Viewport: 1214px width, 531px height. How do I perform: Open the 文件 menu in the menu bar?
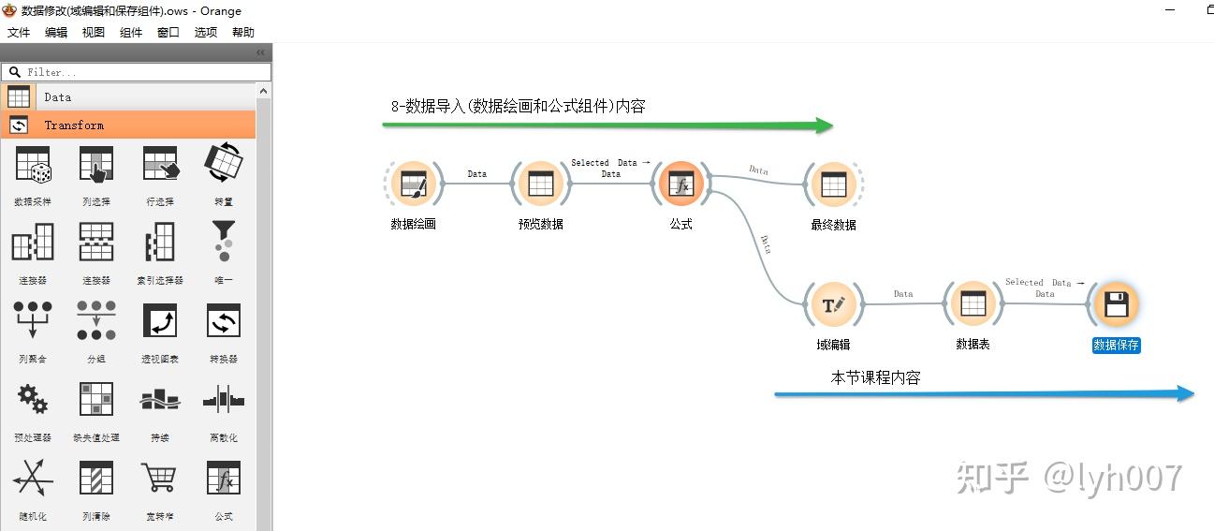[x=19, y=32]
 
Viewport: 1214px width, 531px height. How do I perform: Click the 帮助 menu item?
[x=242, y=32]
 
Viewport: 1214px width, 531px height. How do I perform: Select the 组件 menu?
[x=131, y=32]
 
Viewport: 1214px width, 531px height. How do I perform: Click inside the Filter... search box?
[x=140, y=72]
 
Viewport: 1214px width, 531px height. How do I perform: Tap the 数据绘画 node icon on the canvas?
[x=413, y=184]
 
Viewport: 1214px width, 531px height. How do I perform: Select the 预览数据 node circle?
[x=540, y=184]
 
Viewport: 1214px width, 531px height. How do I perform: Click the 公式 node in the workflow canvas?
[x=680, y=184]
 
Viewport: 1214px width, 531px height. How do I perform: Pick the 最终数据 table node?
[x=833, y=184]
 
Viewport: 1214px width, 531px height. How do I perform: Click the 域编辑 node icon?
[x=833, y=304]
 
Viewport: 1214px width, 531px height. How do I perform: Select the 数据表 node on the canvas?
[x=973, y=304]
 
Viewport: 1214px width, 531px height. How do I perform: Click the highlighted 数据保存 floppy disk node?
[x=1116, y=304]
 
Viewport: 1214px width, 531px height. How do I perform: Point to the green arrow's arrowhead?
[x=825, y=125]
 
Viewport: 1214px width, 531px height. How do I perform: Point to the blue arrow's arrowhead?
[x=1186, y=393]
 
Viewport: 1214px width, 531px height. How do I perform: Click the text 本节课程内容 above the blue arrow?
[x=875, y=377]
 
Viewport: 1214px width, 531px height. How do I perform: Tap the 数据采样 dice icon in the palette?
[x=33, y=165]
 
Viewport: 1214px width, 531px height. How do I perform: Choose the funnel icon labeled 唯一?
[x=224, y=242]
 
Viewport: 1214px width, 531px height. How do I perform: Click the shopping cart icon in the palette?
[x=159, y=479]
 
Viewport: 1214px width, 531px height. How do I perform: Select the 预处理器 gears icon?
[x=33, y=400]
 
